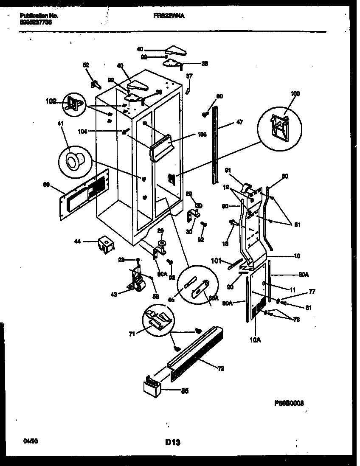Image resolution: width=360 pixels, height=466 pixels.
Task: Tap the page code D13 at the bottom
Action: (173, 443)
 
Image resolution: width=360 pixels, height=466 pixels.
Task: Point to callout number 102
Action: (51, 101)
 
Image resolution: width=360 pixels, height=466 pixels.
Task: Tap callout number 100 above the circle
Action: (283, 93)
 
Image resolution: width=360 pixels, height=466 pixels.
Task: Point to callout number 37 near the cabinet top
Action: (189, 76)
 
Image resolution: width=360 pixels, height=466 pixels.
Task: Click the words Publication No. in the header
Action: (39, 16)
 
